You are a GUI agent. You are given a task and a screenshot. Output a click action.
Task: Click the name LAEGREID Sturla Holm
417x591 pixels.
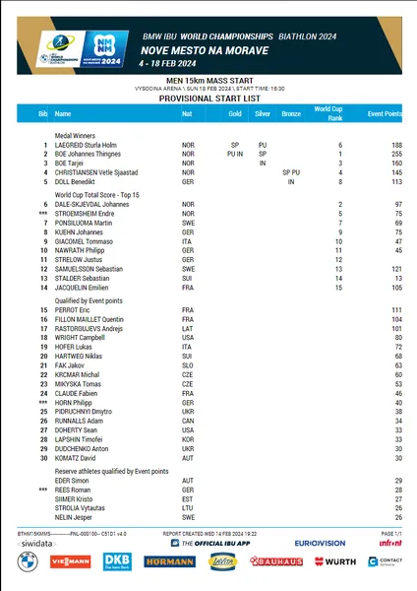pyautogui.click(x=88, y=144)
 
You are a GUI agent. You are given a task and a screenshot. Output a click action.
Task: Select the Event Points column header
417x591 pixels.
pyautogui.click(x=385, y=114)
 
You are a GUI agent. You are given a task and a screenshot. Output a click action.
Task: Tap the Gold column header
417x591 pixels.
pyautogui.click(x=234, y=114)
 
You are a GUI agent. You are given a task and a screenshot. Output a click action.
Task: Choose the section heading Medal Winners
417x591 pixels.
pyautogui.click(x=76, y=134)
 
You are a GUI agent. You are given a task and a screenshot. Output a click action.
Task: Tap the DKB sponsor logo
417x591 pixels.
pyautogui.click(x=117, y=560)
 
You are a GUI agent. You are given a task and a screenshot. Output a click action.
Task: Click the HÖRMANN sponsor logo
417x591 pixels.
pyautogui.click(x=168, y=560)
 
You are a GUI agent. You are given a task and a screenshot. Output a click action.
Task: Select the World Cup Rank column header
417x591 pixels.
pyautogui.click(x=328, y=114)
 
